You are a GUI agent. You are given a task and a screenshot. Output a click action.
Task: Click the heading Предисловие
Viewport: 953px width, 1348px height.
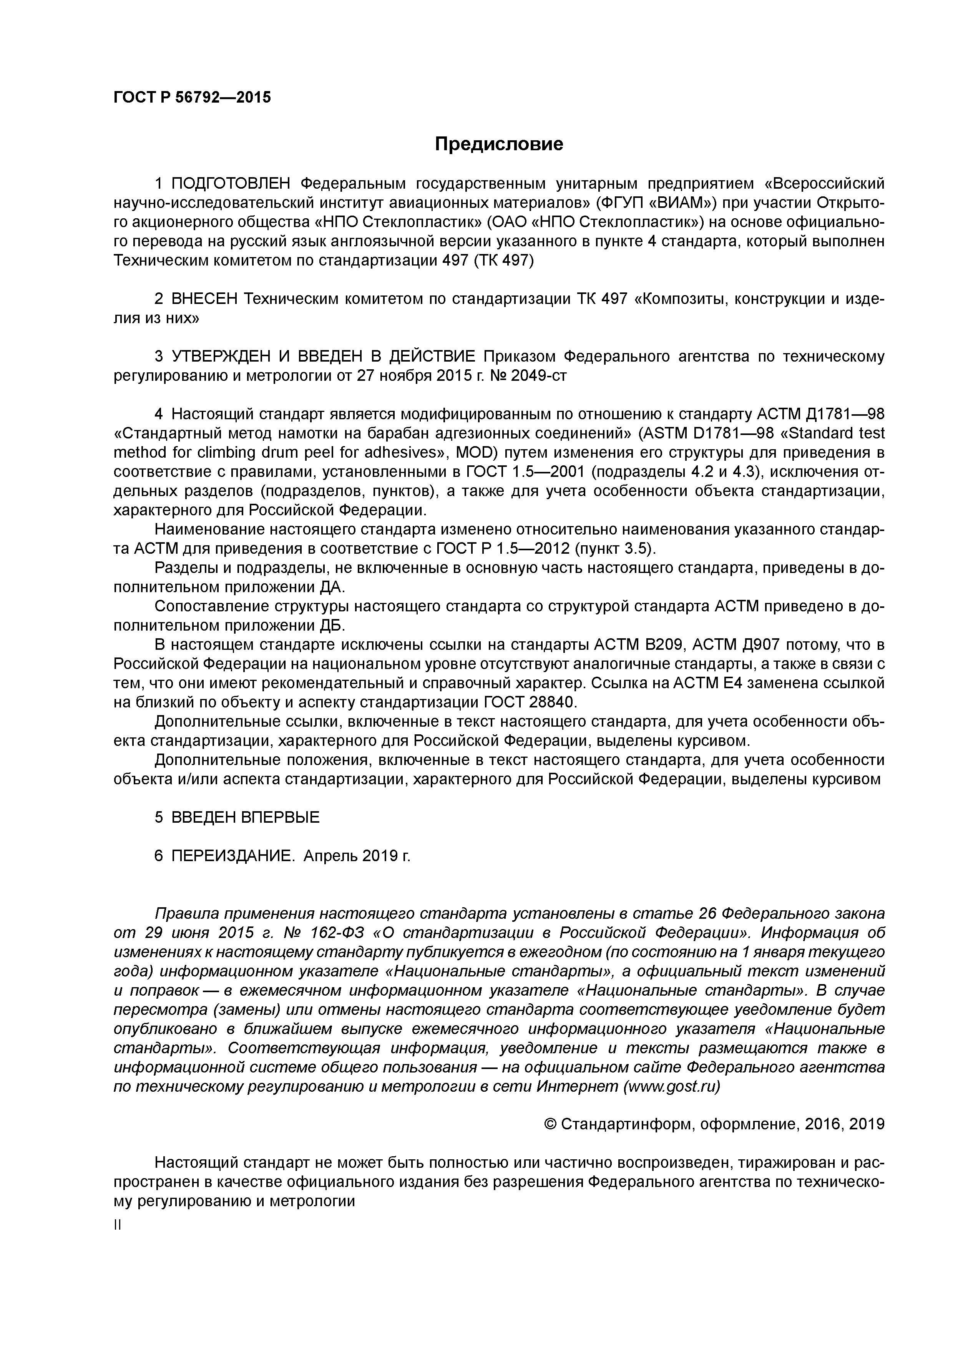click(498, 144)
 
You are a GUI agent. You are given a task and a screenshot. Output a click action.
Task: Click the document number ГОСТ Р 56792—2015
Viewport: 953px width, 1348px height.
click(192, 98)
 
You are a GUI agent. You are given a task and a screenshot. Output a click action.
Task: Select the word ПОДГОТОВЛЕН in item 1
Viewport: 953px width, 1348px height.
click(231, 184)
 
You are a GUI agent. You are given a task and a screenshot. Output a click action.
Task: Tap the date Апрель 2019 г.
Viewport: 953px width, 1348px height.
click(357, 856)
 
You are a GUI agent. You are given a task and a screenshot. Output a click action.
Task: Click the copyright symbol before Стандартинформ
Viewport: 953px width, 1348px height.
click(550, 1124)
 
